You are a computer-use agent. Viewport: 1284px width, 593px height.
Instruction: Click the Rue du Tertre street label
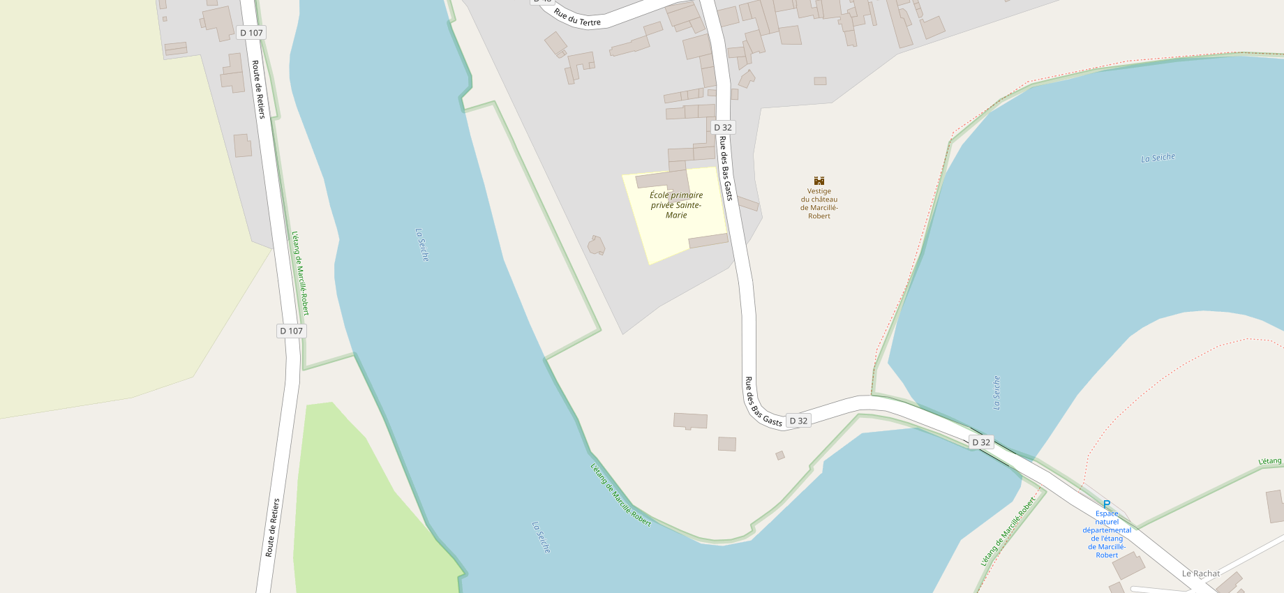[577, 17]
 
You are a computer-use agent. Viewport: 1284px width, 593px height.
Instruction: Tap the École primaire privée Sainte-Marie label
[676, 205]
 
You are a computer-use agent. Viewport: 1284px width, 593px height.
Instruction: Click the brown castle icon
[819, 181]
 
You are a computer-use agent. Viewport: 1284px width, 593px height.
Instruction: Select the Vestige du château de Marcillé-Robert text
[819, 204]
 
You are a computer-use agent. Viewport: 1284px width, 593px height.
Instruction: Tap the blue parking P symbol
[1106, 504]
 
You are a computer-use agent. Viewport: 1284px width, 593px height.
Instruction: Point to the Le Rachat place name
[1201, 573]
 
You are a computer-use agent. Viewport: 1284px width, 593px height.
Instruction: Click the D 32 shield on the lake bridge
[981, 442]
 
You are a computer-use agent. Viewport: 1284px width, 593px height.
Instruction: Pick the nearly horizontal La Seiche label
[1158, 158]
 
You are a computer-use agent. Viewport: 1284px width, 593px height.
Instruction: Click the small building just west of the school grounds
[596, 246]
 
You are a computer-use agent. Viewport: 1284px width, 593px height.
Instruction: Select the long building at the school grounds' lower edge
[708, 241]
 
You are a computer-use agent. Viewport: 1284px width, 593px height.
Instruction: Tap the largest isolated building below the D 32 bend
[690, 421]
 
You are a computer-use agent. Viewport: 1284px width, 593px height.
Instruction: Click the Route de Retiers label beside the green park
[272, 527]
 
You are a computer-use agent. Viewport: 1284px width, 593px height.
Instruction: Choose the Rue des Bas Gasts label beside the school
[726, 168]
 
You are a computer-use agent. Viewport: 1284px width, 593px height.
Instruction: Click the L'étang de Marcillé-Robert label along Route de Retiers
[300, 273]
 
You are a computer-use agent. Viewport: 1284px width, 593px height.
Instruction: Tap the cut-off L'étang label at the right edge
[1270, 461]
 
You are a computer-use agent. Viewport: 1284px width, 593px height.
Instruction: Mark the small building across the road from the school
[748, 204]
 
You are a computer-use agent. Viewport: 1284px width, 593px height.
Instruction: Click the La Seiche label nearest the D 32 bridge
[996, 393]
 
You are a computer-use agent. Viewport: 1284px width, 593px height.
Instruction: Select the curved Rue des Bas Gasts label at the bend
[761, 403]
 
